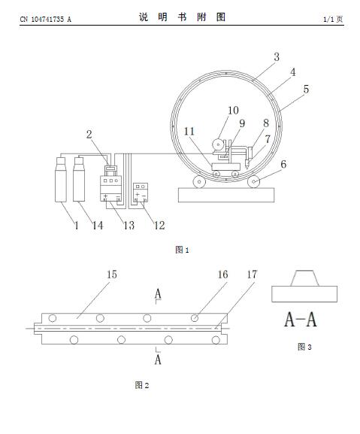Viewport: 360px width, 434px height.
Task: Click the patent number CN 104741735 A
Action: point(45,19)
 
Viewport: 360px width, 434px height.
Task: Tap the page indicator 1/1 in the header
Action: point(328,19)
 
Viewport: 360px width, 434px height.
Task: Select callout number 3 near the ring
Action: point(277,56)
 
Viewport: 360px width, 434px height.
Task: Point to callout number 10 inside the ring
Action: point(233,110)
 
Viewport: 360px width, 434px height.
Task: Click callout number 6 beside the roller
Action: point(283,164)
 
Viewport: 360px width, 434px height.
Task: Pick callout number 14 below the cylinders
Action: point(98,226)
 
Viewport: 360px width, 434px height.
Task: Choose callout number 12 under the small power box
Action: point(159,226)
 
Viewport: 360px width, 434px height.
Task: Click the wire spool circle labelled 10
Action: point(218,144)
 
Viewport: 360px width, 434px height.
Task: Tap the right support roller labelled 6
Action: point(253,182)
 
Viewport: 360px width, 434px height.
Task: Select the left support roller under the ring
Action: point(199,182)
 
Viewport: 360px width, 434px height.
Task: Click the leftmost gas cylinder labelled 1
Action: point(61,179)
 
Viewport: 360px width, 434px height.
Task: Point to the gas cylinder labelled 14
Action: point(79,179)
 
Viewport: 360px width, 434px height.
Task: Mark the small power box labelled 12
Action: point(141,192)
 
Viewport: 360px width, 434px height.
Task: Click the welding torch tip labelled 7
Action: point(247,168)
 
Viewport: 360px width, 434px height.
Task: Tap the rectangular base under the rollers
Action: point(226,195)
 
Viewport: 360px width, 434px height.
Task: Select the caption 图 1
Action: point(182,250)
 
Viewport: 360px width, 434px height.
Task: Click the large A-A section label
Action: point(301,320)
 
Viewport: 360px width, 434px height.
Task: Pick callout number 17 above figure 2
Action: point(252,275)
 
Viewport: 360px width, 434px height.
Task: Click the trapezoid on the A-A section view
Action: point(304,278)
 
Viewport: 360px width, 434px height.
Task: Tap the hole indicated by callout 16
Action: point(195,318)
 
